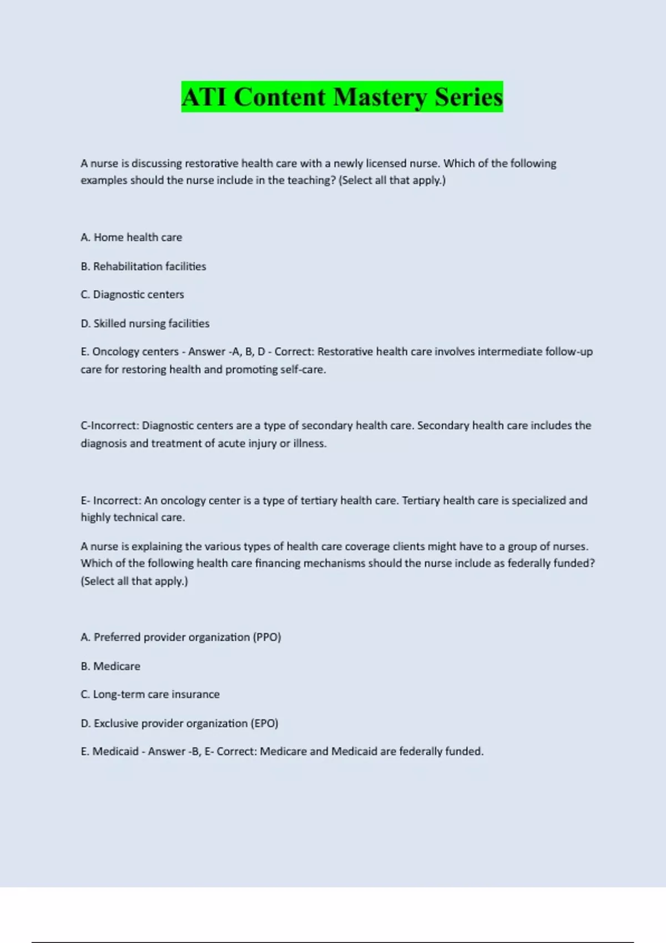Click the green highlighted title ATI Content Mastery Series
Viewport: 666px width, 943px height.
click(342, 97)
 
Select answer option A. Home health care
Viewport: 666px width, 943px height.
click(132, 237)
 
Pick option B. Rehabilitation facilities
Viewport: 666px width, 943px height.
click(143, 266)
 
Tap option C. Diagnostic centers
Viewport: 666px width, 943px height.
click(132, 295)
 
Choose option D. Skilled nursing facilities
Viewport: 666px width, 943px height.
click(145, 323)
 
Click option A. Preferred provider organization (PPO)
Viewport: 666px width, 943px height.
click(181, 637)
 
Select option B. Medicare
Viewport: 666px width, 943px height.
click(110, 666)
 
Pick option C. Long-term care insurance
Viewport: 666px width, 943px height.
click(150, 694)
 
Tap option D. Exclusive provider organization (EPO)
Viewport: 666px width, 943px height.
click(179, 723)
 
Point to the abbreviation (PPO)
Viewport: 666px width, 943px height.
click(267, 637)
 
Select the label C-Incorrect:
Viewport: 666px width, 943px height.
click(110, 425)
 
